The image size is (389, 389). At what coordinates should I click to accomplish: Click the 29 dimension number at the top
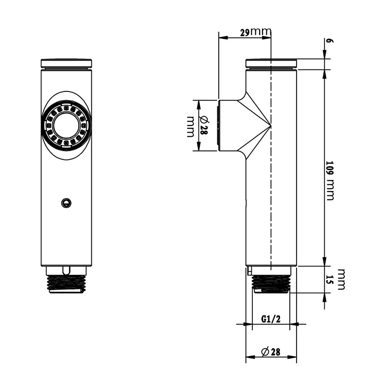click(x=245, y=33)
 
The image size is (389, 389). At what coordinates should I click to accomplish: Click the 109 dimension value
click(x=330, y=169)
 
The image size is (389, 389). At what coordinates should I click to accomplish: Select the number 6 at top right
click(x=330, y=41)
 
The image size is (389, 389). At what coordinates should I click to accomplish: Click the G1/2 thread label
click(x=271, y=319)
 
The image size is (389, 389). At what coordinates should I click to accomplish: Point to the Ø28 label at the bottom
click(x=271, y=352)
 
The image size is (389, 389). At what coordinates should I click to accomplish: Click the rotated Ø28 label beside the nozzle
click(x=204, y=126)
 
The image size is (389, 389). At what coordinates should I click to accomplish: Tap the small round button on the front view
click(x=66, y=203)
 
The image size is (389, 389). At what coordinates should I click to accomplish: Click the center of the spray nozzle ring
click(x=66, y=125)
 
